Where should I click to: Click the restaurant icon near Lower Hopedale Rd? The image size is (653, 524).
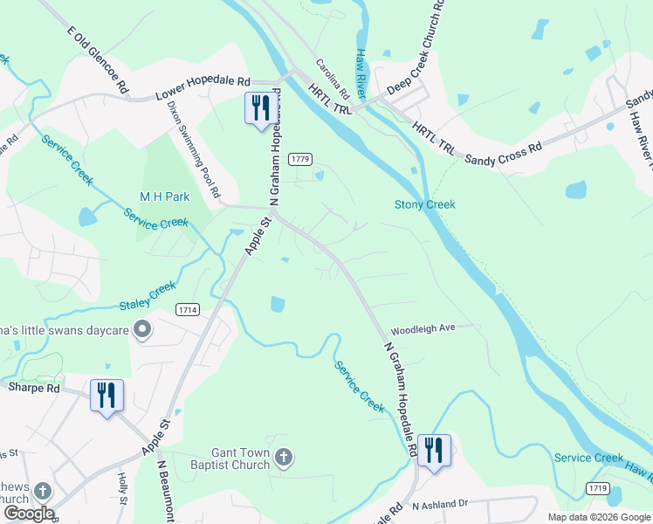[x=259, y=107]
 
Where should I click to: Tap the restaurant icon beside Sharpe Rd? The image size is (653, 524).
[x=107, y=395]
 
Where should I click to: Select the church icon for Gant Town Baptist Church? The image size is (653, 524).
[x=283, y=457]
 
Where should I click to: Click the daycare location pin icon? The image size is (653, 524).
[x=145, y=330]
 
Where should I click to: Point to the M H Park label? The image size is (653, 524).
[x=164, y=197]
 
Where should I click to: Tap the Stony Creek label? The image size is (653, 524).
[x=424, y=204]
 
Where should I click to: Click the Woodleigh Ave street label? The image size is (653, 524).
[x=423, y=329]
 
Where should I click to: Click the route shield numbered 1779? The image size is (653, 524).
[x=300, y=159]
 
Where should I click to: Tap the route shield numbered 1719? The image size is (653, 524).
[x=598, y=487]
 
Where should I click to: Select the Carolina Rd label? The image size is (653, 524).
[x=332, y=79]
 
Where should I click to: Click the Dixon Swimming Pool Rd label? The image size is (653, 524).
[x=194, y=148]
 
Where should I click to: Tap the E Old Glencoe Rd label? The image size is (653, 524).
[x=98, y=59]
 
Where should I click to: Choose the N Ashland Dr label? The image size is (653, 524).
[x=441, y=505]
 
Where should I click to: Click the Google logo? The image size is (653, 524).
[x=28, y=514]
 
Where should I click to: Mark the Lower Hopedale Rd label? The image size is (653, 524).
[x=203, y=88]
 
